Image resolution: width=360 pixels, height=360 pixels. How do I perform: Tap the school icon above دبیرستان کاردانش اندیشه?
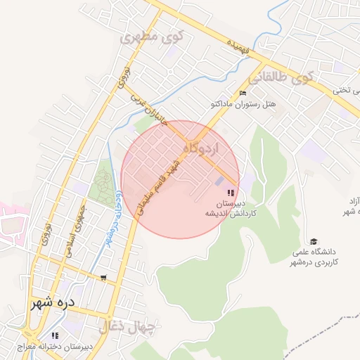230,193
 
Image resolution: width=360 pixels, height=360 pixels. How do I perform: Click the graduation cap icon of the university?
314,241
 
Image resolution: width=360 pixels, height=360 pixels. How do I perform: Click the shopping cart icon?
104,278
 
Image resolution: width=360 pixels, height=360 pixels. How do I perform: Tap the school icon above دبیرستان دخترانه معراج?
56,335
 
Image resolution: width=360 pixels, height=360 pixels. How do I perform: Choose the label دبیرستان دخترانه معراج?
69,347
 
